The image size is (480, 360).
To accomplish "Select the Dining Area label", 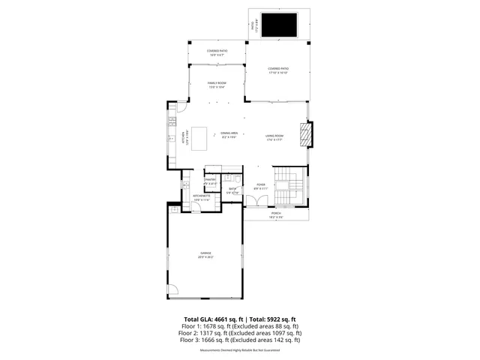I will [229, 135].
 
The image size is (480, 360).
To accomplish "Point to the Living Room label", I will [274, 137].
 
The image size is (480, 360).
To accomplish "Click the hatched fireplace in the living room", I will [304, 136].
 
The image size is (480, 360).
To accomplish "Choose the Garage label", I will [205, 255].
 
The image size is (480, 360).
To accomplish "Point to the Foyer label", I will [260, 186].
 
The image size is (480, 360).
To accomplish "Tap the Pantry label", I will [210, 181].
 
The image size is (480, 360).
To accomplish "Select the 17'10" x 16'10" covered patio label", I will [278, 71].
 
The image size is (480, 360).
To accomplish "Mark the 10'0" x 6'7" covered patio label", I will [217, 52].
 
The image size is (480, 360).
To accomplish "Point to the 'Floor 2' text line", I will [240, 333].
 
